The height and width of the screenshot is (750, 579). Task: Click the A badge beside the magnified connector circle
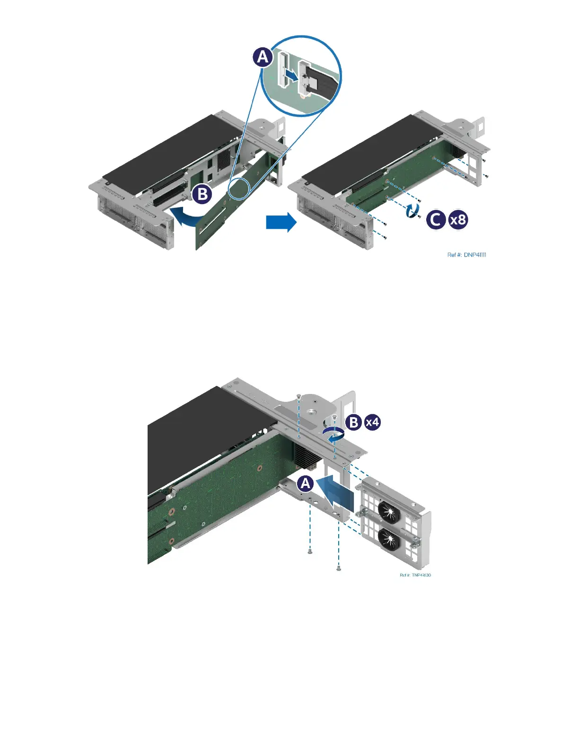point(263,58)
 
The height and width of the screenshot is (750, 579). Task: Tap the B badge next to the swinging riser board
point(202,194)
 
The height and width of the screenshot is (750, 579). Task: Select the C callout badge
point(436,220)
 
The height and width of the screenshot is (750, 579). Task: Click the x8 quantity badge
point(458,220)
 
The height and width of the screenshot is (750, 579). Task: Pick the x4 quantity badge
point(372,422)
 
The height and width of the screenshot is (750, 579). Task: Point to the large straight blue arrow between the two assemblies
point(281,222)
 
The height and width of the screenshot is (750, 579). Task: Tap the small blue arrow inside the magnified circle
point(291,74)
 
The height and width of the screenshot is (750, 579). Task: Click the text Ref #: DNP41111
point(466,255)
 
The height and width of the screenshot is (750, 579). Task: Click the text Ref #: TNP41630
point(415,575)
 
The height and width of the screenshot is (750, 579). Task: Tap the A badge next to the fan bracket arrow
point(306,483)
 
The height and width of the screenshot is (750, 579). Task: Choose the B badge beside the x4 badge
point(353,422)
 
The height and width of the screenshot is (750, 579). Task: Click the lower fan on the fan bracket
point(389,538)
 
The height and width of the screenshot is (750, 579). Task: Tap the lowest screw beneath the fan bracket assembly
point(339,568)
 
